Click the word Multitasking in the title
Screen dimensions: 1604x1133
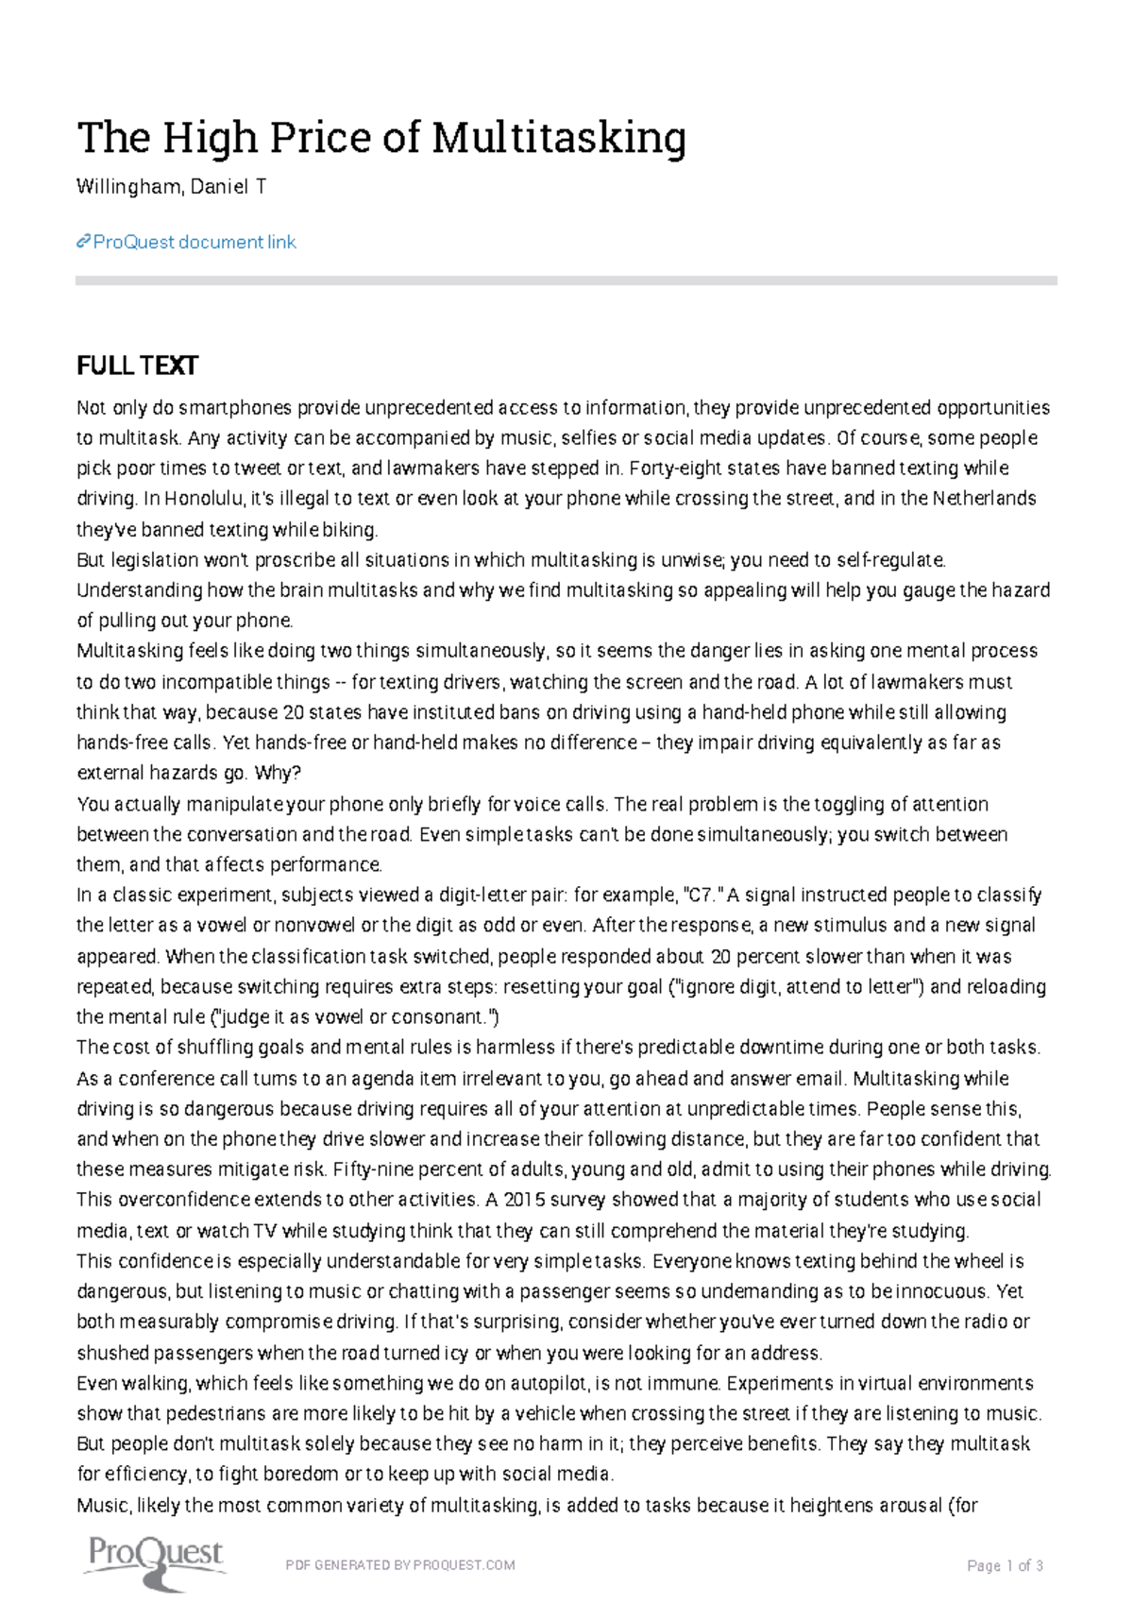pyautogui.click(x=558, y=138)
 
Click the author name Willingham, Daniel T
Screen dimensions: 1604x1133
pyautogui.click(x=171, y=187)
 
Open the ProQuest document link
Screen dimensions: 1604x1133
pyautogui.click(x=194, y=242)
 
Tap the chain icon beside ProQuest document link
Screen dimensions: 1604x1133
pyautogui.click(x=83, y=243)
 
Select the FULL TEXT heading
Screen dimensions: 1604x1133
pyautogui.click(x=137, y=366)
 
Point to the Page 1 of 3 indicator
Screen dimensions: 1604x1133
pyautogui.click(x=1005, y=1565)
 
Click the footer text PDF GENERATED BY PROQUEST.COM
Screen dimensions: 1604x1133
pyautogui.click(x=400, y=1565)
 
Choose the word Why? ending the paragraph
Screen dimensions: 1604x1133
pyautogui.click(x=278, y=773)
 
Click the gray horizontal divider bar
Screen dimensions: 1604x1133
pyautogui.click(x=566, y=281)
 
